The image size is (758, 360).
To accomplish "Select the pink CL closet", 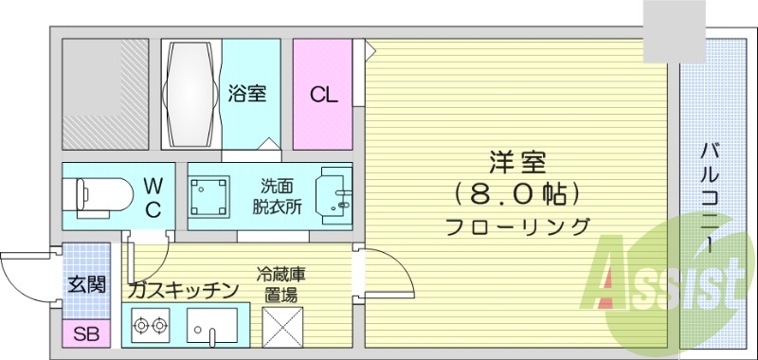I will [322, 94].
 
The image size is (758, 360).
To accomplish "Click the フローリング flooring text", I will [517, 226].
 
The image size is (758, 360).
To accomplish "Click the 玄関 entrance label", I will [86, 283].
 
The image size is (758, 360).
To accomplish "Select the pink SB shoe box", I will [85, 333].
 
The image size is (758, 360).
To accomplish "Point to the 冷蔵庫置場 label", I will [277, 285].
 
